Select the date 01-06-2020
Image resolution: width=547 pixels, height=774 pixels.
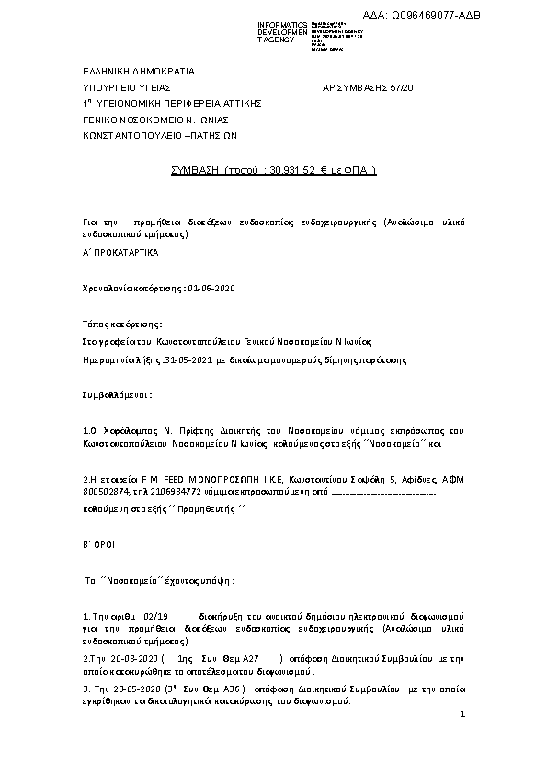coord(212,289)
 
